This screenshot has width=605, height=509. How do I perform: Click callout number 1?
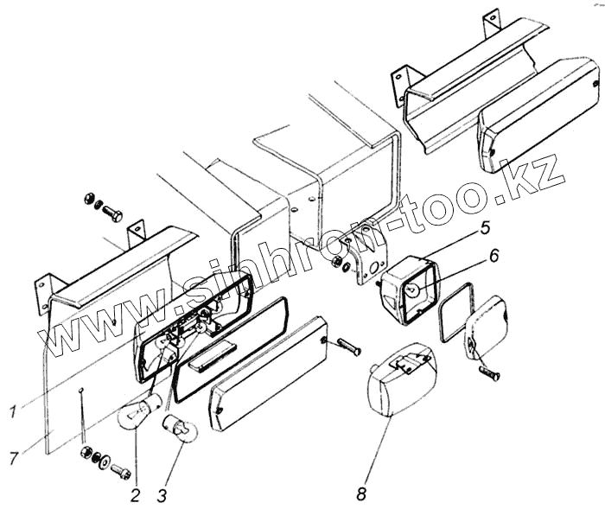[11, 412]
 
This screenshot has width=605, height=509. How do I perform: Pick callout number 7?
[13, 458]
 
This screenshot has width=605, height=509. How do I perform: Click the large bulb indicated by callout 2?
[139, 405]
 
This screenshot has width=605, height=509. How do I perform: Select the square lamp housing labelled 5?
[410, 289]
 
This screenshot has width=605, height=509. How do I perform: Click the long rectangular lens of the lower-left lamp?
[268, 370]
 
